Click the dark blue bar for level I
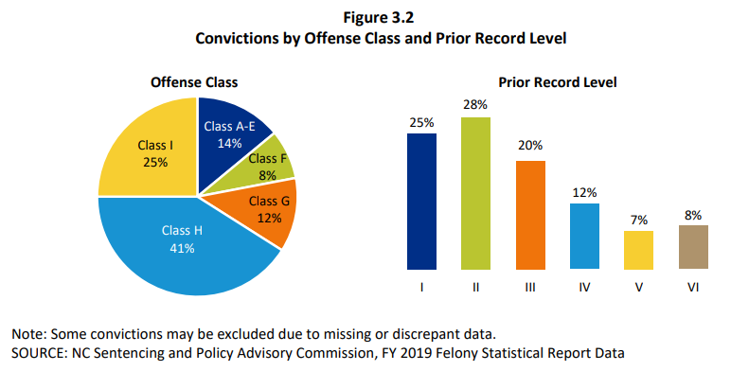tap(421, 201)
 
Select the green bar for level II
tap(475, 193)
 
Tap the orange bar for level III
tap(530, 215)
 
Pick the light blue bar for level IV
tap(584, 236)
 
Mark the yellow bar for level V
tap(638, 250)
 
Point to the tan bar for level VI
tap(693, 247)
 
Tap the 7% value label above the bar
tap(638, 220)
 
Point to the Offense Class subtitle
tap(194, 82)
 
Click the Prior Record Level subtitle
tap(557, 82)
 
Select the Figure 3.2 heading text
tap(366, 16)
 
